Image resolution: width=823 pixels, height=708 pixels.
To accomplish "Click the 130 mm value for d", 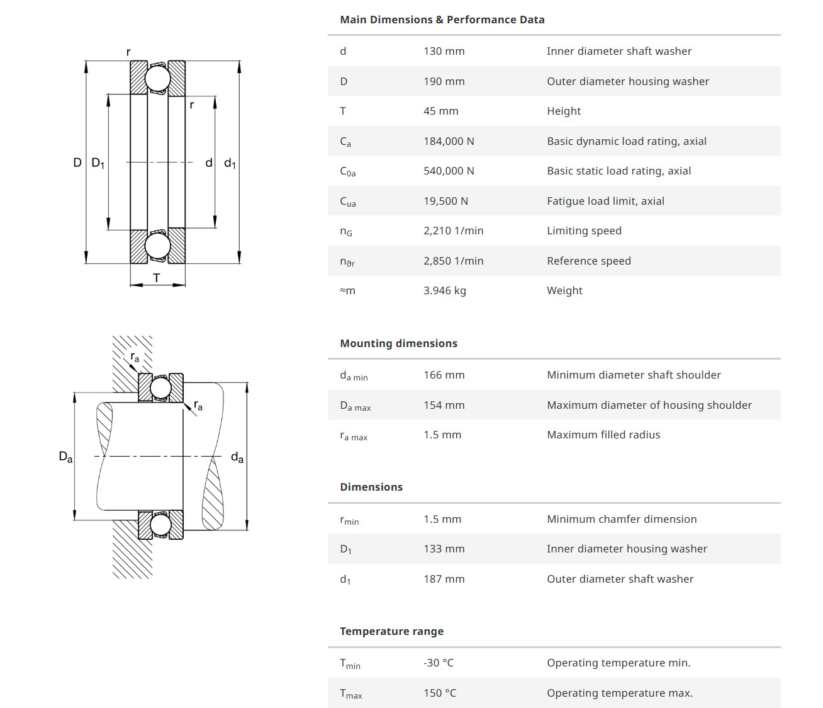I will pyautogui.click(x=444, y=51).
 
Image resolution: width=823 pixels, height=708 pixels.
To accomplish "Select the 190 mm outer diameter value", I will pyautogui.click(x=444, y=81).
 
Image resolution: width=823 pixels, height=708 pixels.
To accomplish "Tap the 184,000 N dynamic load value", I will pyautogui.click(x=449, y=141).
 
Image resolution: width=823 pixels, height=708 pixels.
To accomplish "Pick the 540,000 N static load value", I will pyautogui.click(x=449, y=171).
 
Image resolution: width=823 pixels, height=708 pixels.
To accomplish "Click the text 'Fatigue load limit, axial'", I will pyautogui.click(x=605, y=201).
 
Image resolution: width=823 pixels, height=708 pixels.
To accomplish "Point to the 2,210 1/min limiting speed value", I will pyautogui.click(x=453, y=231).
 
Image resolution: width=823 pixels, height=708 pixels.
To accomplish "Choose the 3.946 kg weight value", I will pyautogui.click(x=444, y=290).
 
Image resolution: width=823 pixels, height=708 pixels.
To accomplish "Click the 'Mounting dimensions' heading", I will pyautogui.click(x=398, y=343).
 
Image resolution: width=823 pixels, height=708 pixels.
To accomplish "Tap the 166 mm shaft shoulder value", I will pyautogui.click(x=444, y=375).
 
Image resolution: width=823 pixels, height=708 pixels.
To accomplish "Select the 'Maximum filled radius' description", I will pyautogui.click(x=603, y=435).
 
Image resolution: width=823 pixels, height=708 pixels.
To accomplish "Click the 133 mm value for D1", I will pyautogui.click(x=444, y=549).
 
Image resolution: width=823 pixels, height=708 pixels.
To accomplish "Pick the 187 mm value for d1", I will pyautogui.click(x=444, y=579).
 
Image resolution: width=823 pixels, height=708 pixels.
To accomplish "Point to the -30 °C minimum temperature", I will pyautogui.click(x=438, y=663).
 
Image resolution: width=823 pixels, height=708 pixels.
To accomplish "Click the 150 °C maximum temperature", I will pyautogui.click(x=440, y=693).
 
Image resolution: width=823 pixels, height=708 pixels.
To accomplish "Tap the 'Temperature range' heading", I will pyautogui.click(x=391, y=631).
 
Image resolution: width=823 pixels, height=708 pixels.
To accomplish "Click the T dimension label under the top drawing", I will pyautogui.click(x=157, y=278).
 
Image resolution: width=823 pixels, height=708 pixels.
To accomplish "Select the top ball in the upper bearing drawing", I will pyautogui.click(x=157, y=79).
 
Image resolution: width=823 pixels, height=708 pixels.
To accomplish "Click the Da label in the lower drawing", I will pyautogui.click(x=65, y=457).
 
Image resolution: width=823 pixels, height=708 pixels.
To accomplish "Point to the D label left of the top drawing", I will pyautogui.click(x=77, y=163).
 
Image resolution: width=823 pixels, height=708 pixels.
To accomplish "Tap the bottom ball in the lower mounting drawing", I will pyautogui.click(x=160, y=525).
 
